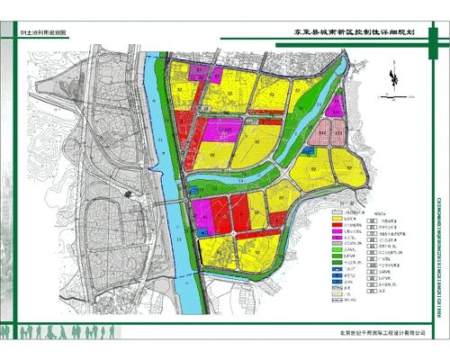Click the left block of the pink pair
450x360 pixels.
[x=324, y=133]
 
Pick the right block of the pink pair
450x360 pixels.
[x=338, y=133]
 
